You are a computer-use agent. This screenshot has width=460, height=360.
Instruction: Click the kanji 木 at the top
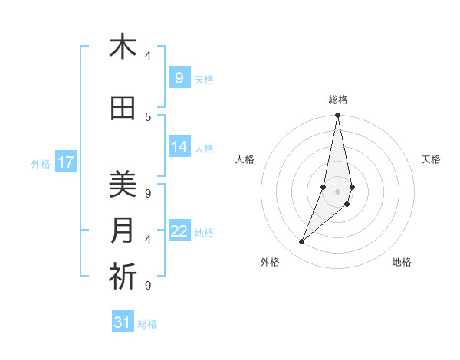(x=123, y=47)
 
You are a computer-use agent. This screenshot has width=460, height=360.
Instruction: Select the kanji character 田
(x=123, y=109)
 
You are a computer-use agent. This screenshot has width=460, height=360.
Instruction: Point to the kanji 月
(x=123, y=230)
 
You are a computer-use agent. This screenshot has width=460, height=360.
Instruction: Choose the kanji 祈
(x=123, y=277)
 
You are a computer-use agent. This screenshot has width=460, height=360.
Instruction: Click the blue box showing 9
(x=179, y=77)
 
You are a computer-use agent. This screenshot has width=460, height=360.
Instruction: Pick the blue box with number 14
(x=179, y=147)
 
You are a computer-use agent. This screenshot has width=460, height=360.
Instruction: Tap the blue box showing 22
(x=179, y=231)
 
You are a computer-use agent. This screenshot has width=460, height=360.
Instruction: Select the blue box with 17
(x=66, y=162)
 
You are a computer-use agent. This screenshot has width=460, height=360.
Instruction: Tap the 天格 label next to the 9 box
(x=204, y=79)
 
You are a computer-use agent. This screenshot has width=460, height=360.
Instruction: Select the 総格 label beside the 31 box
(x=147, y=324)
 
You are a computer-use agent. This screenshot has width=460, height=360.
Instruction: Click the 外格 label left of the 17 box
(x=41, y=163)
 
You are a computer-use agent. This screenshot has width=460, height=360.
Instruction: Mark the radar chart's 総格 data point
(x=337, y=116)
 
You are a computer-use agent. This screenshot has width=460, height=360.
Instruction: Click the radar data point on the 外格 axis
(x=302, y=242)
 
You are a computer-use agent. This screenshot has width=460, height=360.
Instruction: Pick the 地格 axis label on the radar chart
(x=402, y=262)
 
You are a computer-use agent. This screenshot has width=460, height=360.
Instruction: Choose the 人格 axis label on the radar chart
(x=245, y=159)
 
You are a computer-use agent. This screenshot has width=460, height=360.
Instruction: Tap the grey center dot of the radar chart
(x=337, y=191)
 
